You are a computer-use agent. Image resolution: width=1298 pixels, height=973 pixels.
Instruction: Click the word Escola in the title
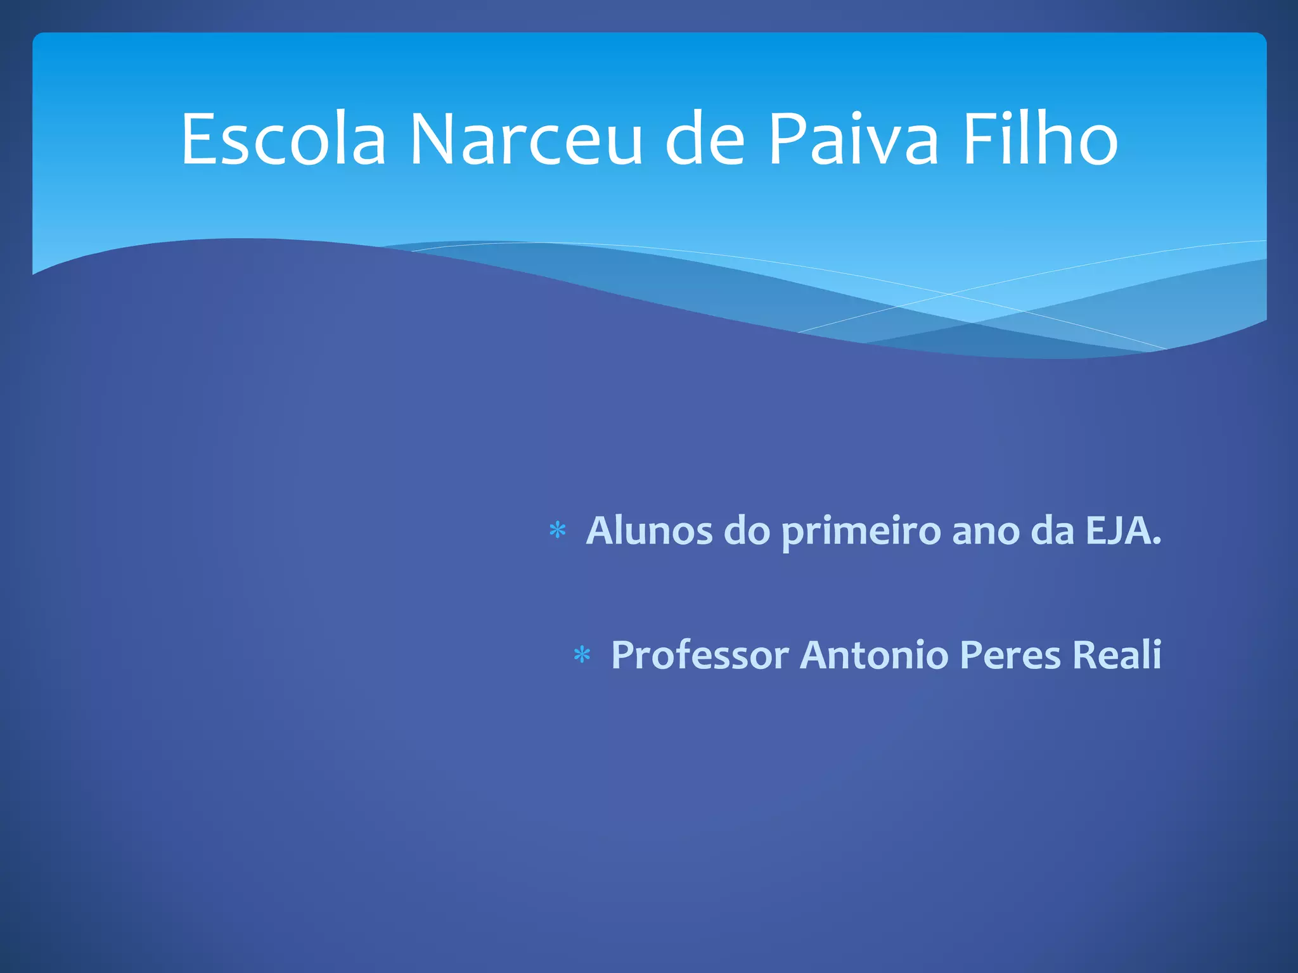click(283, 139)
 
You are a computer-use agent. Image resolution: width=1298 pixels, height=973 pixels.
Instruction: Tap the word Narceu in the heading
click(526, 139)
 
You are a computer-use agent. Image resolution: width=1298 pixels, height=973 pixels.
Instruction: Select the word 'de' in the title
click(704, 139)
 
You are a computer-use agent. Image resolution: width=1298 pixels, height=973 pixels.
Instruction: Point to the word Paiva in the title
click(853, 139)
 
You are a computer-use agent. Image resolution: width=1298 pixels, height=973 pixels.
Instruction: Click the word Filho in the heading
click(1040, 139)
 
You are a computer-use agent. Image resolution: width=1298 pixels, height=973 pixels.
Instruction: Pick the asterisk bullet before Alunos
click(557, 531)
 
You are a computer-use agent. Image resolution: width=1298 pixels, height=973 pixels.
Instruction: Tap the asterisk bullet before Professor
click(582, 655)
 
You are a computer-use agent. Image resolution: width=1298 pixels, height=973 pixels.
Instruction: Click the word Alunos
click(649, 531)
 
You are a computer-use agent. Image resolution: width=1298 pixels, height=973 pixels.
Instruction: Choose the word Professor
click(700, 655)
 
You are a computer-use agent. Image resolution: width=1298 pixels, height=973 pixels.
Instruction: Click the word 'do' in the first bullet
click(747, 531)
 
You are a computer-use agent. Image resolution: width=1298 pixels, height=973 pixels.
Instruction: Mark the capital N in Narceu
click(433, 139)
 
